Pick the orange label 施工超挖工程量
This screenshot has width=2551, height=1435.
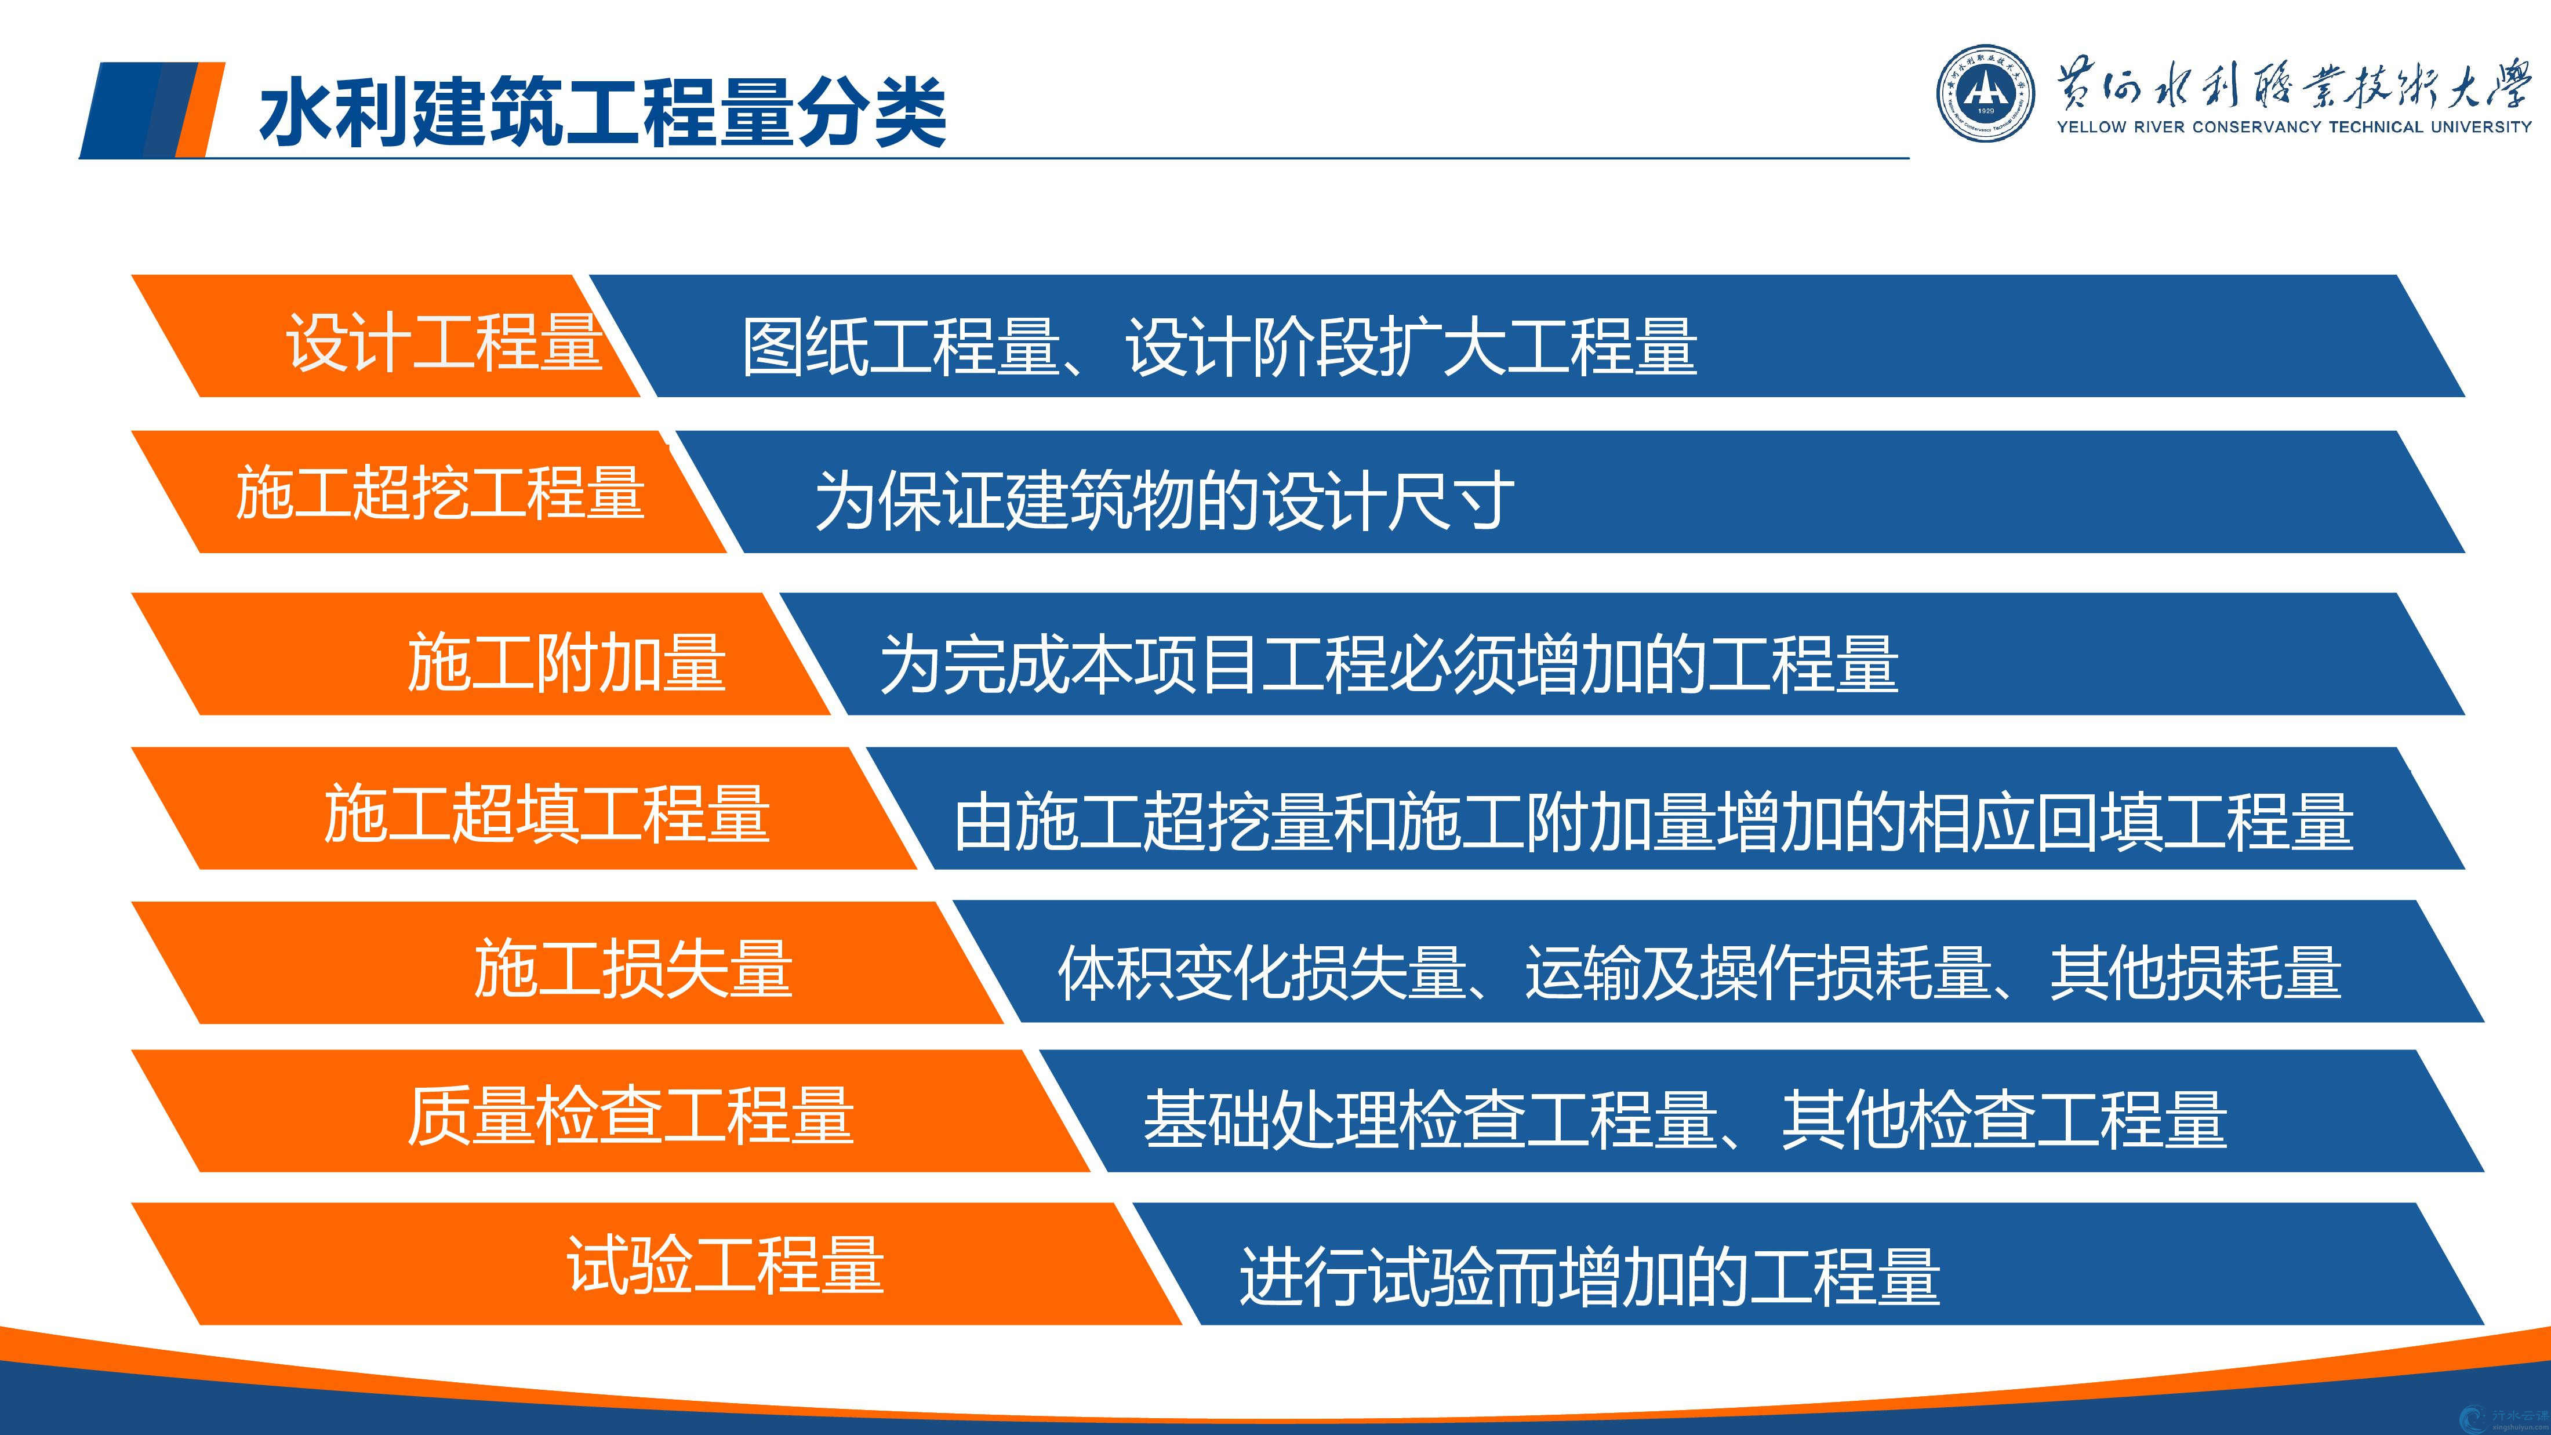pos(441,493)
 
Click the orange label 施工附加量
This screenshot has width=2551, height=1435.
pos(566,662)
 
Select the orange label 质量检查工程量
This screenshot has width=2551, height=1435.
pos(630,1115)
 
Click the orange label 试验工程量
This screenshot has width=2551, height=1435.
pos(725,1265)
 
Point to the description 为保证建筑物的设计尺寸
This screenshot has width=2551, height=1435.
pos(1165,500)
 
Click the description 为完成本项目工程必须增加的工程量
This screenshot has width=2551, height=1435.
pos(1389,663)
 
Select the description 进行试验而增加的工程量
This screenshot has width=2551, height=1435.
pos(1589,1276)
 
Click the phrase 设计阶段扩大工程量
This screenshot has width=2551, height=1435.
pos(1411,347)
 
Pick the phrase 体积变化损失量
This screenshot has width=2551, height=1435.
pos(1262,972)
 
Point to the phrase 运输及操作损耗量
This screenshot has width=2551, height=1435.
pos(1758,972)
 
